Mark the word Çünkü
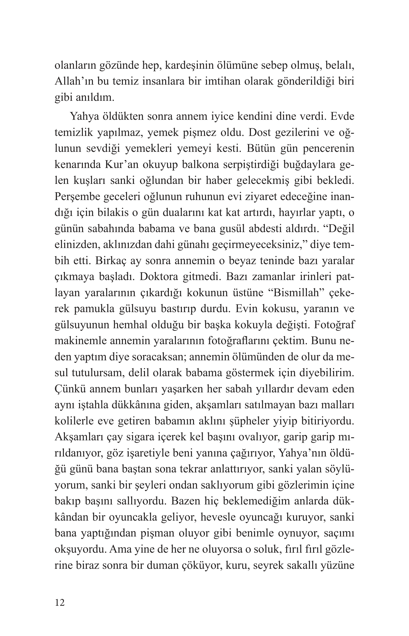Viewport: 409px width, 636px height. point(69,389)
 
